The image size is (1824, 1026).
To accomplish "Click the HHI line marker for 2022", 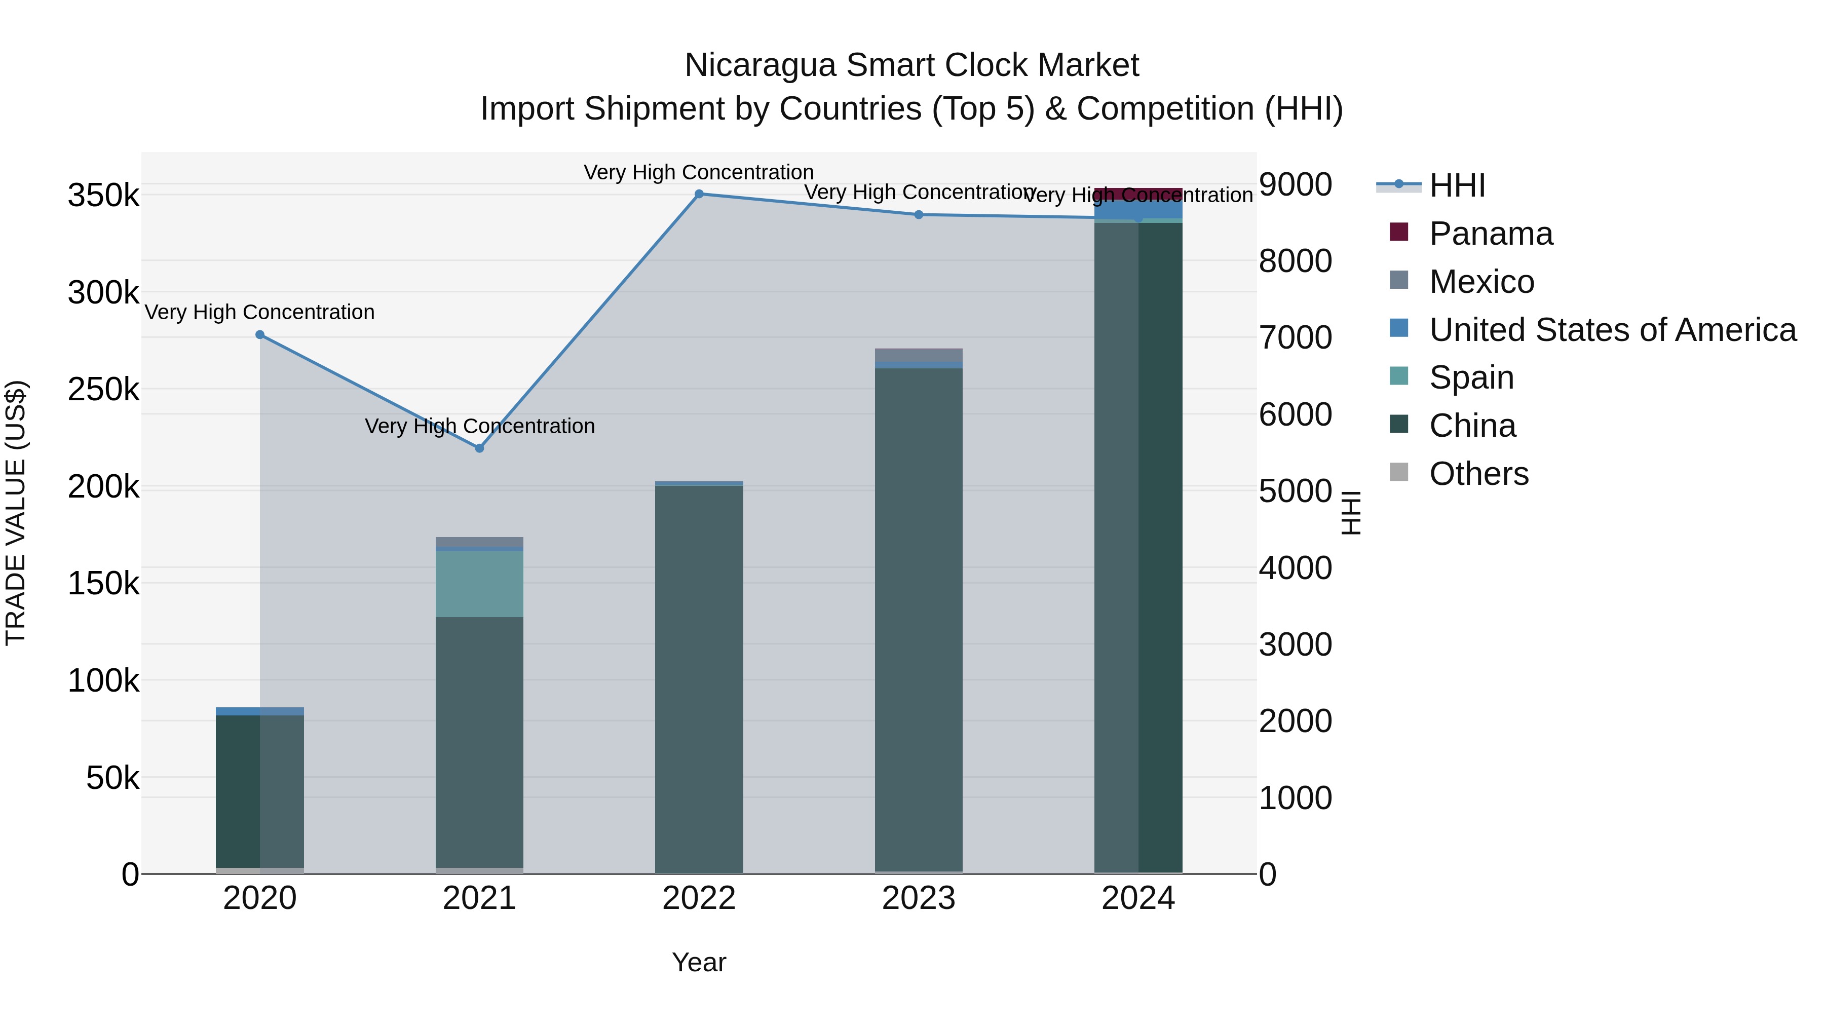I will click(x=699, y=194).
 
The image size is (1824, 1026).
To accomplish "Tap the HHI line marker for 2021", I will click(x=479, y=448).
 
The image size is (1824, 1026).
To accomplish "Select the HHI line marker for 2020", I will click(x=260, y=335).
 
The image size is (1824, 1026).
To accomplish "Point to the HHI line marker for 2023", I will click(x=919, y=214).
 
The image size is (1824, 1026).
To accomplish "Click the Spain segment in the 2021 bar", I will click(x=479, y=584).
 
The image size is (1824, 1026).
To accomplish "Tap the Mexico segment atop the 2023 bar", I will click(x=919, y=355).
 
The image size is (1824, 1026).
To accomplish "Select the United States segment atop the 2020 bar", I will click(x=260, y=711).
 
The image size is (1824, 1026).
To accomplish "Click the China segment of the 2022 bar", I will click(x=699, y=680).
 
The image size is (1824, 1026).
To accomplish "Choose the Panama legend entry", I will click(x=1491, y=234).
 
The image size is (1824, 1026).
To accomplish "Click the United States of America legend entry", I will click(x=1612, y=330).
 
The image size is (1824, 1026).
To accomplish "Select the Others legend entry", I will click(x=1478, y=474).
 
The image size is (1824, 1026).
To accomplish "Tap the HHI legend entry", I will click(x=1457, y=185).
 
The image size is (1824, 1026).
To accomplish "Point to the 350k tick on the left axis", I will click(x=103, y=196).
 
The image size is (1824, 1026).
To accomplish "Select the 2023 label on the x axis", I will click(x=919, y=898).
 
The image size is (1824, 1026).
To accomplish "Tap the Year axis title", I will click(x=699, y=962).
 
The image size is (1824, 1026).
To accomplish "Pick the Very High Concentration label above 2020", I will click(x=260, y=312).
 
